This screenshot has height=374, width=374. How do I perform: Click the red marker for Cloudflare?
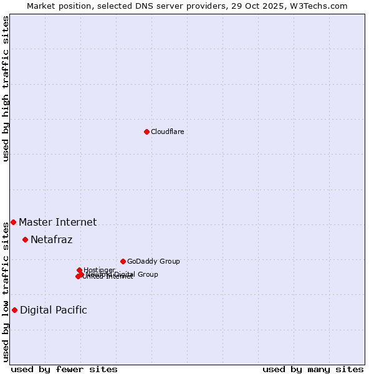pos(146,132)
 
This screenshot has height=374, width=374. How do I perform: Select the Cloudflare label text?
pos(167,132)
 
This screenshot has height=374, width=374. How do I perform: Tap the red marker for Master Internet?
pos(13,222)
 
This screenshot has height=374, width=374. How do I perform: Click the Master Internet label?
pos(57,222)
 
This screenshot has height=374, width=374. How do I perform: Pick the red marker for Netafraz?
pos(25,239)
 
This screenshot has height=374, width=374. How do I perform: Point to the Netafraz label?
pos(51,239)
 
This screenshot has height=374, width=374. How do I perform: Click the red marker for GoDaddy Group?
pos(123,261)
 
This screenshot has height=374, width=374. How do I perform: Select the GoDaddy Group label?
pos(153,261)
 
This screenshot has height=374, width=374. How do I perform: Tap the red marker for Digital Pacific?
pos(14,310)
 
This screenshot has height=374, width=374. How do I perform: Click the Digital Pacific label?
pos(53,310)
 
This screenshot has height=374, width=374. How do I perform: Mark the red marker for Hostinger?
pos(79,270)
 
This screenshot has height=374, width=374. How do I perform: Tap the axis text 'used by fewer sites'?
pos(64,370)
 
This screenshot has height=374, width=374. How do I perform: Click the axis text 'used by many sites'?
pos(313,370)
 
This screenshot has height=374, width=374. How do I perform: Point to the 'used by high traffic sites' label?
pos(6,89)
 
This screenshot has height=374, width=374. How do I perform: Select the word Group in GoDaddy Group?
pos(170,261)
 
